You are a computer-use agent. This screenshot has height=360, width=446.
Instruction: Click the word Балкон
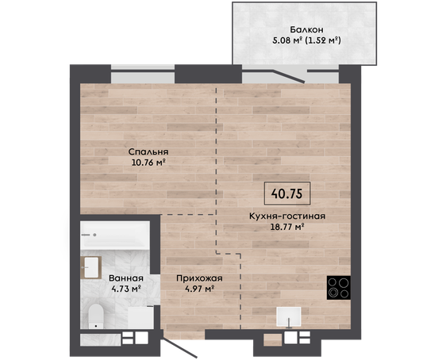tap(306, 29)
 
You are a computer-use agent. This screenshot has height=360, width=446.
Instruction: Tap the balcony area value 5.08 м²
tap(287, 40)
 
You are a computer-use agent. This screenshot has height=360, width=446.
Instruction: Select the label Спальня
tap(148, 151)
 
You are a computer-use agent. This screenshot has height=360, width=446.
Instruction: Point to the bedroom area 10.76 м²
tap(148, 163)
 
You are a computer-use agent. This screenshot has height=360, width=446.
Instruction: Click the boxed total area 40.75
tap(286, 193)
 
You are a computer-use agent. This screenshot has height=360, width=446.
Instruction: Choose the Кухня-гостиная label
tap(287, 216)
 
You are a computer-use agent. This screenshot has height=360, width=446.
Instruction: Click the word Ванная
tap(126, 278)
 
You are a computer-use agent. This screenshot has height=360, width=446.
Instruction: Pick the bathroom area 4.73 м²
tap(126, 289)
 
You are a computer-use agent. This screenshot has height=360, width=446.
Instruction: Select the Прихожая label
tap(199, 278)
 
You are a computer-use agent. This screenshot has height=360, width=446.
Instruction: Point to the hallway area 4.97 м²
tap(199, 289)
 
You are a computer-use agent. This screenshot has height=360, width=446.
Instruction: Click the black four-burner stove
tap(339, 288)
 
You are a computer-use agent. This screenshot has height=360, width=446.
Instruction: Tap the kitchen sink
tap(289, 316)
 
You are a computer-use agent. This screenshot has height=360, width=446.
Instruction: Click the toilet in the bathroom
tap(96, 316)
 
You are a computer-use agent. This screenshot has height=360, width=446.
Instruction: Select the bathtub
tap(115, 236)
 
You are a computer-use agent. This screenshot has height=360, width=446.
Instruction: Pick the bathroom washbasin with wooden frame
tap(91, 267)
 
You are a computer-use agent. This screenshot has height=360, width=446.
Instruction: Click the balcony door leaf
tap(289, 76)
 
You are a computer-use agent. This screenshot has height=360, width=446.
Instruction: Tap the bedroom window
tap(143, 74)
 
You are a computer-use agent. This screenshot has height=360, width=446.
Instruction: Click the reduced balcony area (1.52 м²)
tap(323, 40)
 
